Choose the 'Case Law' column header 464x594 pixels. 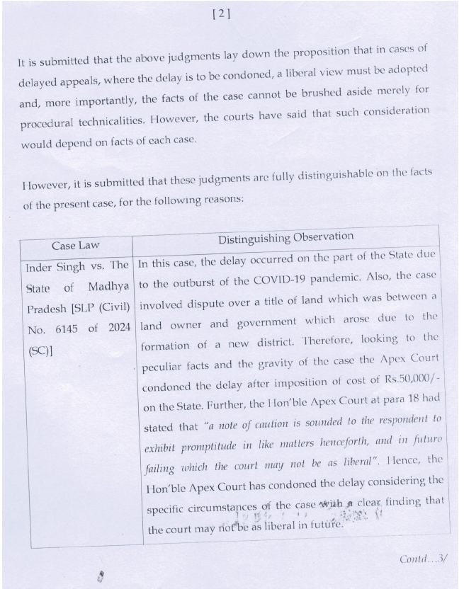tap(75, 246)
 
